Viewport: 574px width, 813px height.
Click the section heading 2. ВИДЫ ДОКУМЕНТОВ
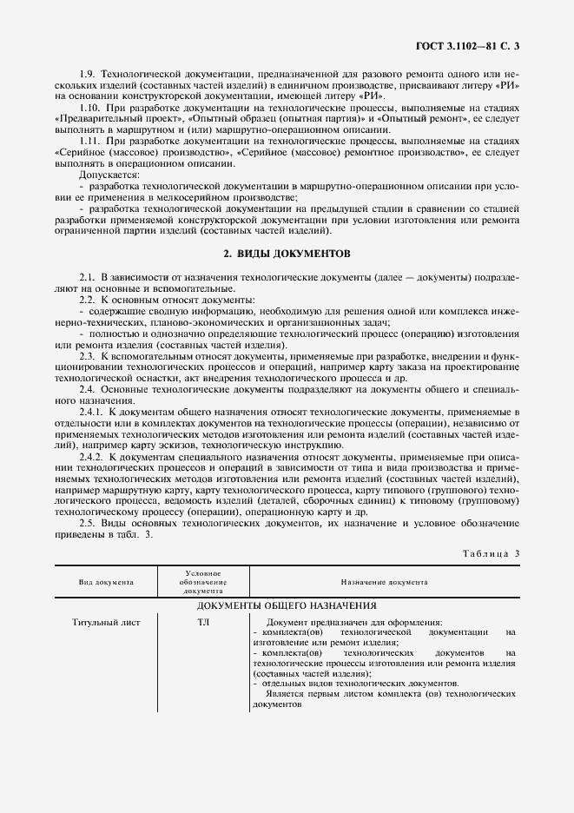pyautogui.click(x=286, y=254)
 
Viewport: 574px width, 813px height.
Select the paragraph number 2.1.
pyautogui.click(x=87, y=276)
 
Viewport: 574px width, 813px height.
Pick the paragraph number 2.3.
pyautogui.click(x=87, y=357)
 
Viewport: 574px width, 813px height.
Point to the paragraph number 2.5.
pyautogui.click(x=87, y=523)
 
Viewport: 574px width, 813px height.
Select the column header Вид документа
pyautogui.click(x=106, y=583)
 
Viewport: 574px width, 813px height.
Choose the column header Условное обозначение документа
pyautogui.click(x=202, y=582)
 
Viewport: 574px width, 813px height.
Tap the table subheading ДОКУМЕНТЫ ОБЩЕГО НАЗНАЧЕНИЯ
pyautogui.click(x=286, y=605)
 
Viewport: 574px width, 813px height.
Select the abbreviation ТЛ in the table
pyautogui.click(x=203, y=623)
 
